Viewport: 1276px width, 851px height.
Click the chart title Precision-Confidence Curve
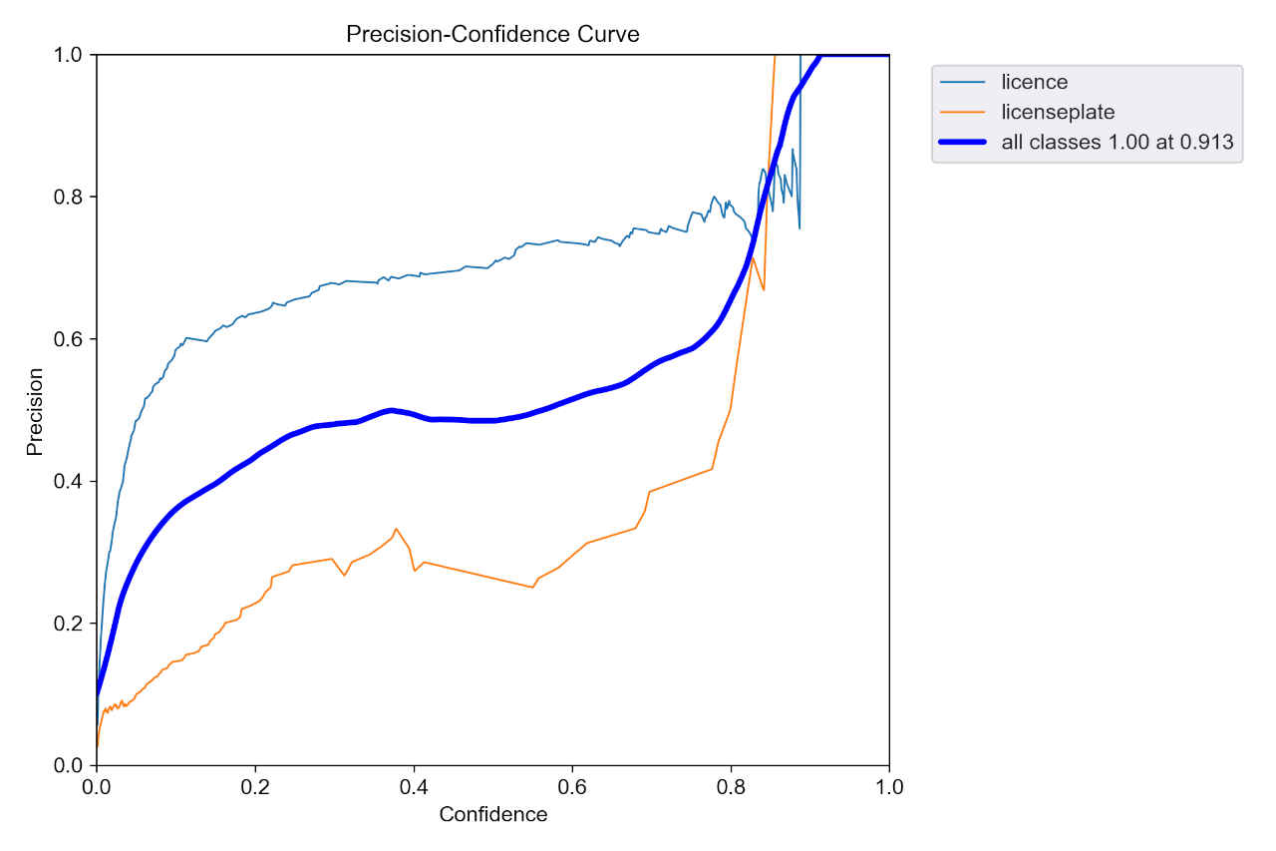(x=492, y=34)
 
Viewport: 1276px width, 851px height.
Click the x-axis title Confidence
(x=492, y=815)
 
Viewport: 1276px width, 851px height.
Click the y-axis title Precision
(x=35, y=411)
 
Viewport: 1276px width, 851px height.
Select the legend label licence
(x=1034, y=82)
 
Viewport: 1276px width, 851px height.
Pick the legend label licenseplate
(x=1058, y=112)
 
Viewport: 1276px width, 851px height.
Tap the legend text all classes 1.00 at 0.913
(x=1117, y=143)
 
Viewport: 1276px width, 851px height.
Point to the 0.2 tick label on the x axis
(x=255, y=787)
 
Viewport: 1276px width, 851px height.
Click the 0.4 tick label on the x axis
(x=414, y=787)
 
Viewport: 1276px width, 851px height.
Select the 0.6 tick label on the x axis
(x=572, y=787)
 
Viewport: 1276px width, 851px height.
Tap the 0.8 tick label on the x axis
(x=731, y=787)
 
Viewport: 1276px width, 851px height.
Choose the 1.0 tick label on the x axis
(x=889, y=787)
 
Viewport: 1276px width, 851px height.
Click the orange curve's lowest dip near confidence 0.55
(x=532, y=587)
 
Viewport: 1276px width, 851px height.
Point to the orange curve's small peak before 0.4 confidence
(x=396, y=529)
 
